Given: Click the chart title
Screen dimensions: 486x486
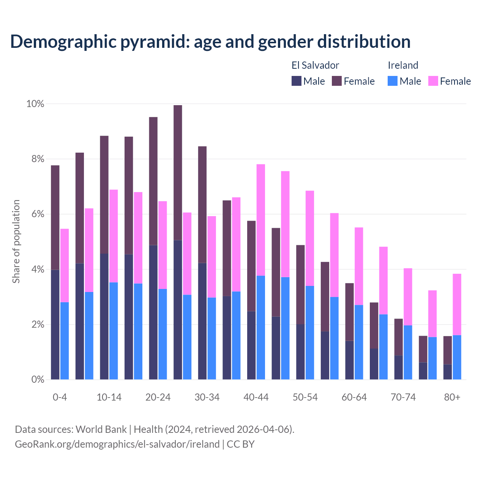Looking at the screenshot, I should tap(210, 42).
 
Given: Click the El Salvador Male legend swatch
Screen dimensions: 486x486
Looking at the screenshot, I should tap(297, 81).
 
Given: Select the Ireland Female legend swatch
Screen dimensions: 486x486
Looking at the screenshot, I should tap(433, 81).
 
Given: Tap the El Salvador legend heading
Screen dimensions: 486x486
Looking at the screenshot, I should tap(315, 65).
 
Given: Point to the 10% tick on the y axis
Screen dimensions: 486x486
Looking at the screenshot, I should tap(35, 104).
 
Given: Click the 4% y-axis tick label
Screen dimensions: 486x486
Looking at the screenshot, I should tap(37, 270).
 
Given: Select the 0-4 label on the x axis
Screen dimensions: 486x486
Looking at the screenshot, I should tap(60, 397).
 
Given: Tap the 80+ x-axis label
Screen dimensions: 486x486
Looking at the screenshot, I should tap(452, 397).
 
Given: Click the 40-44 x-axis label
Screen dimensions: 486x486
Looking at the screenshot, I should tap(256, 397).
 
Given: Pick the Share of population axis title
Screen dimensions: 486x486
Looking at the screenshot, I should tap(16, 241).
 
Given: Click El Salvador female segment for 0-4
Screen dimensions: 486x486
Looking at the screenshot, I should tap(55, 217).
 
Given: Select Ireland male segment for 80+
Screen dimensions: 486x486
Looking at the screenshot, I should tap(457, 357).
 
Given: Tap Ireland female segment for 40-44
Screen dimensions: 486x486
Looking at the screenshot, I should tap(261, 219).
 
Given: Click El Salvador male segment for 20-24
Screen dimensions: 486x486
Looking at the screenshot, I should tap(153, 312).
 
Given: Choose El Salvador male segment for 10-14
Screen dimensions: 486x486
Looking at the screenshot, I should tap(104, 316).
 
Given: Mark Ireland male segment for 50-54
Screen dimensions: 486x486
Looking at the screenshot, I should tap(310, 333).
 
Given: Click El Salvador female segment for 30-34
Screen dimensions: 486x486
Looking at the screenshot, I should tap(202, 204).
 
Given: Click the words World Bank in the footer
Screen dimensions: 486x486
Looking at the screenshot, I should tap(101, 429).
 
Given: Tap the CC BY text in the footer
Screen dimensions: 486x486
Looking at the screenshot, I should tap(241, 444).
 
